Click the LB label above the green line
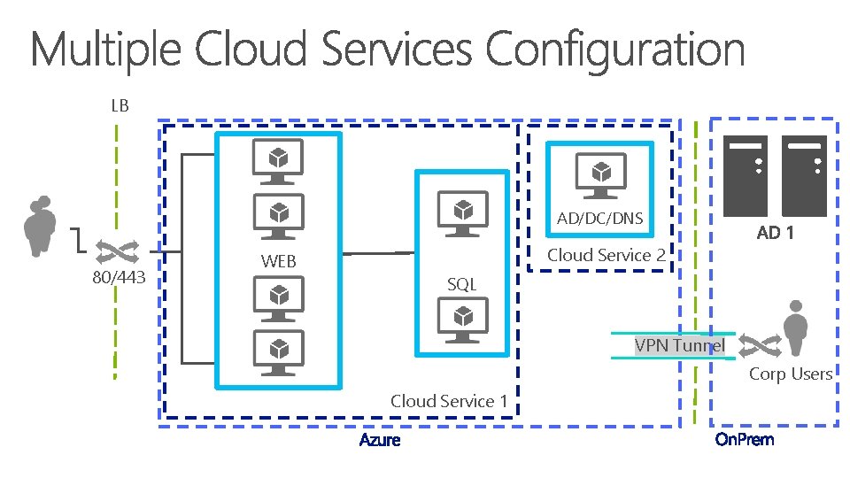[120, 105]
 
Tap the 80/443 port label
[119, 277]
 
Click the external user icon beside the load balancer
[40, 226]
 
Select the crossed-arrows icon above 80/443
[117, 251]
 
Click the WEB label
[278, 261]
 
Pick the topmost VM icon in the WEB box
[278, 161]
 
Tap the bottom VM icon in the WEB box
[279, 353]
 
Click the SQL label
[462, 284]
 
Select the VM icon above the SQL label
[463, 213]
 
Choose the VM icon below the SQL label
[463, 320]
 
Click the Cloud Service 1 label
[449, 401]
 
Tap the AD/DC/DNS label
[599, 219]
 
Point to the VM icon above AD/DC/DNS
[600, 175]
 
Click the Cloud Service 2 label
[606, 255]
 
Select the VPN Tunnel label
[680, 345]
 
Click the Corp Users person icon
[795, 328]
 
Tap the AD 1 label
[776, 233]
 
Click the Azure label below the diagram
[380, 440]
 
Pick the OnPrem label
[745, 439]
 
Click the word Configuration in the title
[614, 50]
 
